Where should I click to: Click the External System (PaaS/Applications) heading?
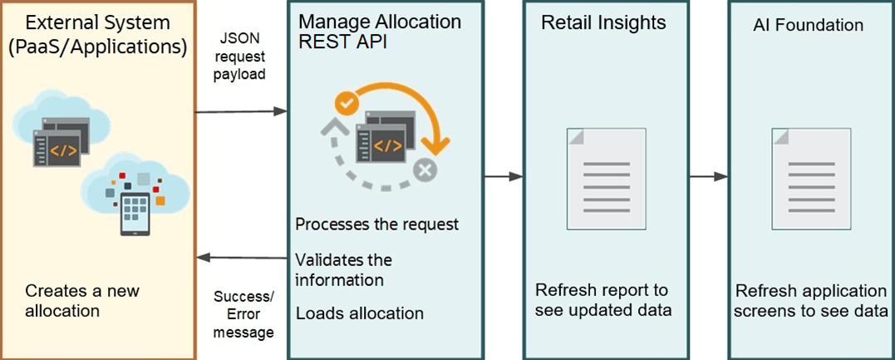[x=97, y=34]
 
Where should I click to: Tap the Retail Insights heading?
[x=603, y=22]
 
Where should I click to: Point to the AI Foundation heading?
[x=808, y=25]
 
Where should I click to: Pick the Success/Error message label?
[x=243, y=314]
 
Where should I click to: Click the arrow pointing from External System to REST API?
[x=240, y=111]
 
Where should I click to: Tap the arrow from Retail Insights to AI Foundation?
[x=709, y=176]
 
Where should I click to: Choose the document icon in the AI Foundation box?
[x=810, y=178]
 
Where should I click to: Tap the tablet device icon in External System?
[x=135, y=214]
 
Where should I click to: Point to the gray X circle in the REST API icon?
[x=426, y=171]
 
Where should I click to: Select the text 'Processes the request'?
[x=376, y=224]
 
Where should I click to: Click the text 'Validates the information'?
[x=343, y=269]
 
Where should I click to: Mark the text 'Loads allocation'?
[x=359, y=313]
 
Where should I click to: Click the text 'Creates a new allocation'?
[x=82, y=301]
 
